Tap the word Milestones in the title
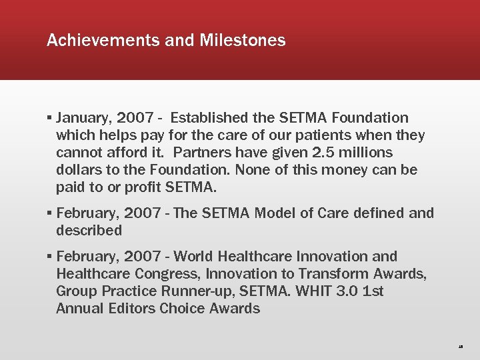coord(242,41)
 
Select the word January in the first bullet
coord(83,118)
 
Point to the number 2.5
coord(323,153)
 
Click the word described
coord(89,231)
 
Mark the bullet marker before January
coord(50,119)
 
